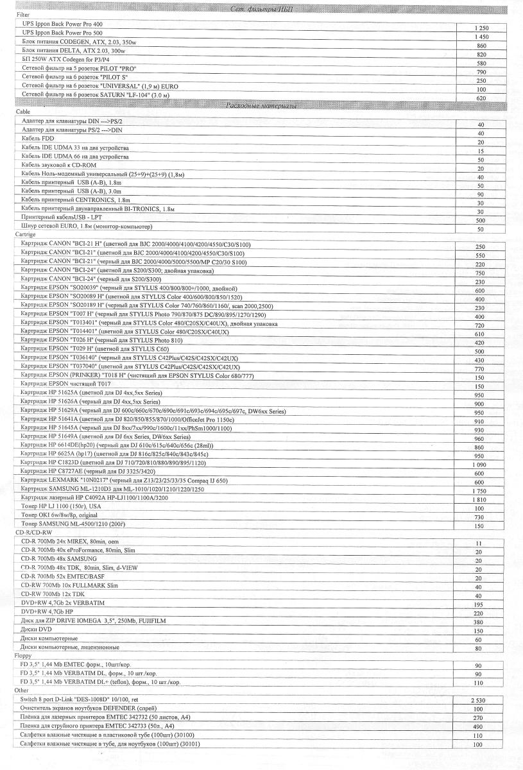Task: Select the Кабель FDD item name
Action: (38, 138)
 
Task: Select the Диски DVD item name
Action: (37, 629)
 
